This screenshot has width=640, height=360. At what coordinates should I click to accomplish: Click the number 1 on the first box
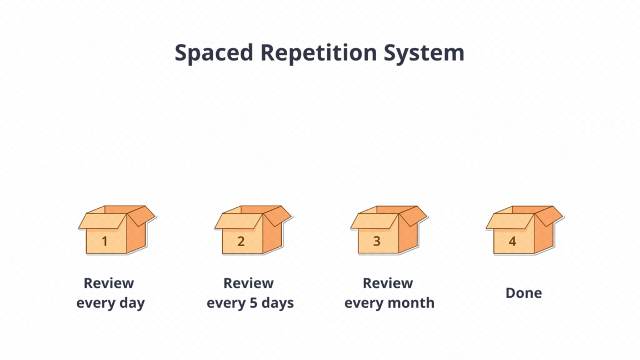(105, 241)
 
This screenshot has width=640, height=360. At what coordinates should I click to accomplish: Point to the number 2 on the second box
(241, 241)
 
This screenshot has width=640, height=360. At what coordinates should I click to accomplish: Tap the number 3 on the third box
(377, 241)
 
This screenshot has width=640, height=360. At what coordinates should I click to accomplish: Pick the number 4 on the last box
(512, 241)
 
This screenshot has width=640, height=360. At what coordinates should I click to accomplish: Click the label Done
(523, 293)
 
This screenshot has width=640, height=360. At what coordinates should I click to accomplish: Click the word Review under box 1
(109, 283)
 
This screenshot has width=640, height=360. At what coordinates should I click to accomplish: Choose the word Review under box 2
(248, 283)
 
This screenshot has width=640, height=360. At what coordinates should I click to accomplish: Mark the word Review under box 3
(388, 283)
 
